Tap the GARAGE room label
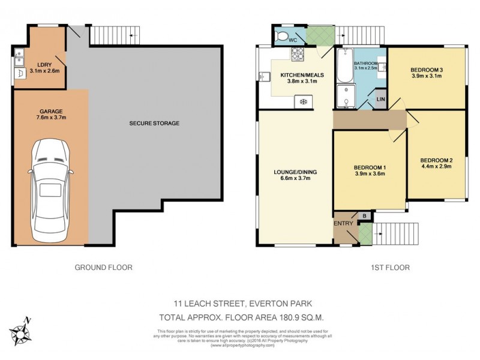(51, 111)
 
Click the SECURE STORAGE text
(154, 123)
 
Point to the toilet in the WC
(282, 37)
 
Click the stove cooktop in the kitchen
(298, 56)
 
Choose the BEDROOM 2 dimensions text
(436, 167)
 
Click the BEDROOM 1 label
(370, 167)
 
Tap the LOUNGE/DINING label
(291, 172)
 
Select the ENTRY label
(343, 223)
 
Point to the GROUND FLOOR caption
(103, 267)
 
